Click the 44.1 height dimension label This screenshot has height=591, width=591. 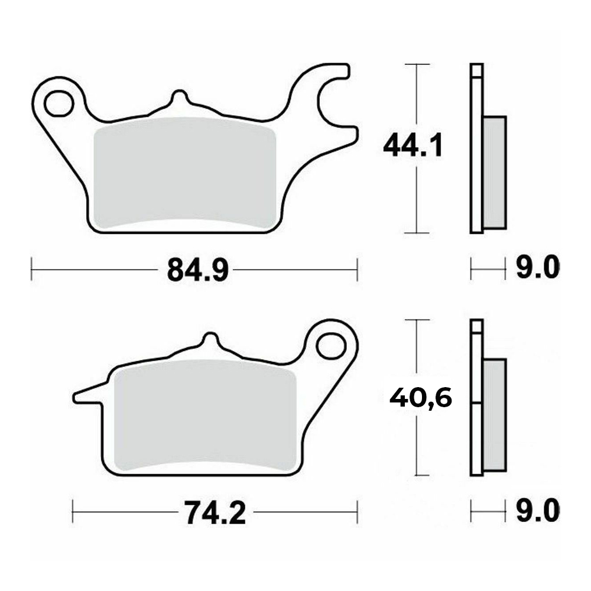(413, 146)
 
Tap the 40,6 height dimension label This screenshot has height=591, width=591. (420, 398)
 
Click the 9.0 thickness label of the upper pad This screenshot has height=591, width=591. (537, 269)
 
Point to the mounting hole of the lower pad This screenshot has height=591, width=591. (330, 346)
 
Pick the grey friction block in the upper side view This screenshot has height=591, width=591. (495, 172)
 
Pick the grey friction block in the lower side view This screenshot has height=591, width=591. (495, 414)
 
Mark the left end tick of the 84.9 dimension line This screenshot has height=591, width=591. (31, 271)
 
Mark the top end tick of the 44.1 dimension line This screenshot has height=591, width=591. (417, 64)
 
